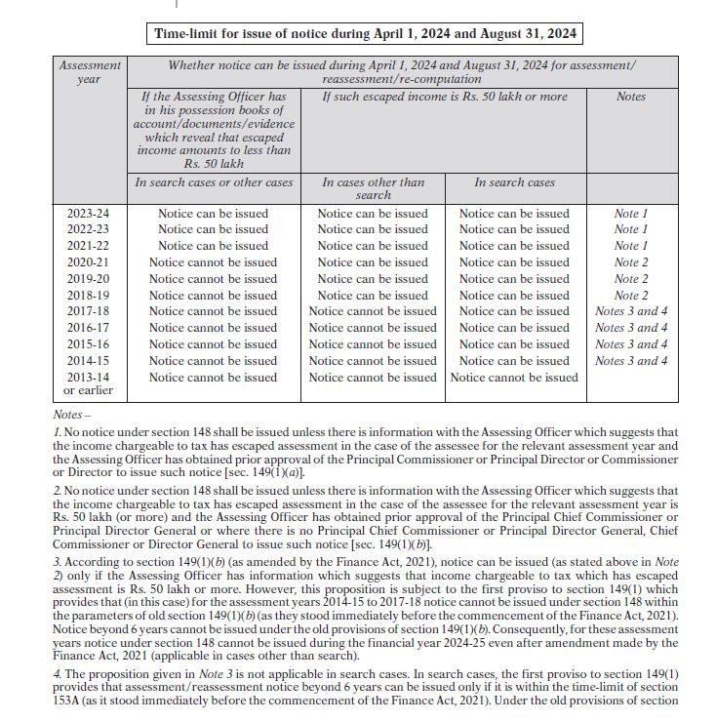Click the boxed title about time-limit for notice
[x=365, y=34]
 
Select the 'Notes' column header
[x=631, y=98]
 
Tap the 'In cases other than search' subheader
[x=373, y=188]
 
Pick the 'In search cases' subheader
[x=514, y=182]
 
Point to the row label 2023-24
[x=89, y=214]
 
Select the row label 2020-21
[x=89, y=262]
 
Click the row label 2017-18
[x=89, y=312]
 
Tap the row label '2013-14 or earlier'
[x=89, y=383]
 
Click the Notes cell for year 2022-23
[x=631, y=230]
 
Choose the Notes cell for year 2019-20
[x=631, y=279]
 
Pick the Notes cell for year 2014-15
[x=631, y=361]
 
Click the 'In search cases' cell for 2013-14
[x=514, y=378]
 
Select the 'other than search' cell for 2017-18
[x=373, y=312]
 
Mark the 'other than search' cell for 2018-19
[x=373, y=296]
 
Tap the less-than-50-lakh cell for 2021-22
[x=213, y=246]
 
